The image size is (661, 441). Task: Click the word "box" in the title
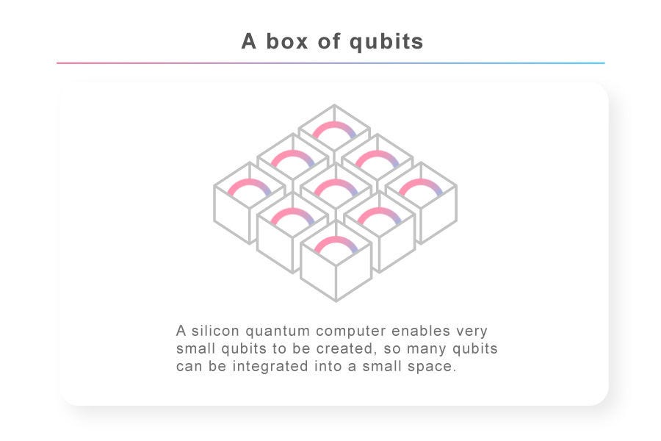pyautogui.click(x=286, y=41)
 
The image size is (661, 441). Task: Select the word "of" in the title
pyautogui.click(x=329, y=41)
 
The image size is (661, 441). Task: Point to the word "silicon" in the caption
pyautogui.click(x=215, y=331)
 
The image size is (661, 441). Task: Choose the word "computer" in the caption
pyautogui.click(x=351, y=331)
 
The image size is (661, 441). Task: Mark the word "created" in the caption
pyautogui.click(x=345, y=348)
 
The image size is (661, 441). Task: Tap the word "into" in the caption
pyautogui.click(x=328, y=366)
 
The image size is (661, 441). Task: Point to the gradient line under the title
pyautogui.click(x=330, y=63)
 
